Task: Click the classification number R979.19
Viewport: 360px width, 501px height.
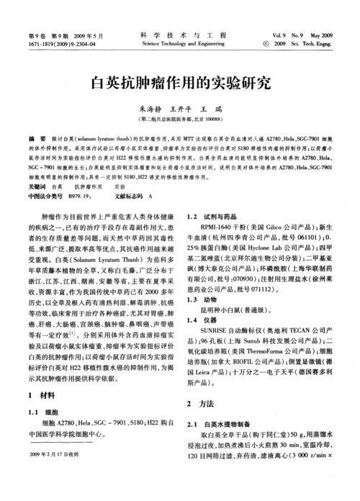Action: coord(81,195)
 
